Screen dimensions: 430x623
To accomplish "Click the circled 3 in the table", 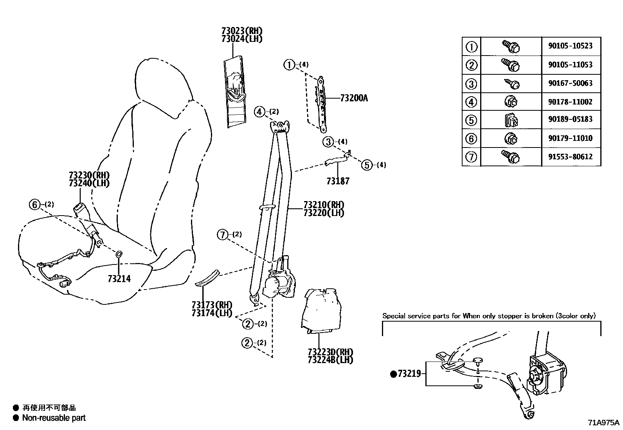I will click(471, 84).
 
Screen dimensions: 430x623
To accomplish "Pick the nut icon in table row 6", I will click(511, 138).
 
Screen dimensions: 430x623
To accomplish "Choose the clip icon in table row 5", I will click(511, 120).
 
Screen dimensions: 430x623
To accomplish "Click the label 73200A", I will click(354, 98).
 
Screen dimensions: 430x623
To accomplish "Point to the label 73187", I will click(338, 181).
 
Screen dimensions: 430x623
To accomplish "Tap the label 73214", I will click(119, 279).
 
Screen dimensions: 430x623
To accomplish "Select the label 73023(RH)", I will click(241, 31).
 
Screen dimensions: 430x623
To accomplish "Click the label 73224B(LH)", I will click(330, 360).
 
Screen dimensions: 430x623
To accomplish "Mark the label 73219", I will click(409, 374).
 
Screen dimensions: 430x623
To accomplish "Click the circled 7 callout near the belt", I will click(222, 235).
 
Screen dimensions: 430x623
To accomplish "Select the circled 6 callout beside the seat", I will click(34, 204).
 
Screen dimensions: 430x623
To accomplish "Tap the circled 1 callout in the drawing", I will click(289, 65).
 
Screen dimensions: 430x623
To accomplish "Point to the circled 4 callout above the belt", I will click(259, 112).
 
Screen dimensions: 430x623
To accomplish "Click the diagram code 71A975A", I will click(603, 423).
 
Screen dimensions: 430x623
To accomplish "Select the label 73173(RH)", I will click(212, 305).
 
